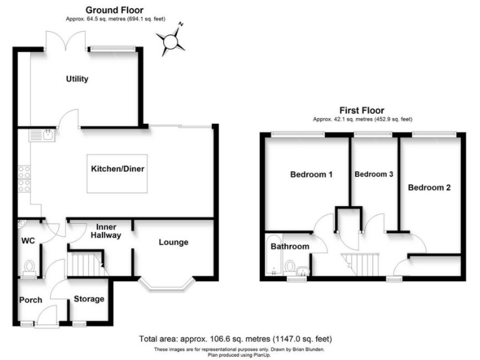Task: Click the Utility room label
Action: tap(78, 79)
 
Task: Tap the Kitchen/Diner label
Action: tap(118, 169)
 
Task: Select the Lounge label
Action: tap(173, 242)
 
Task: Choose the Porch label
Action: tap(30, 300)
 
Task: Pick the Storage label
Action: tap(89, 299)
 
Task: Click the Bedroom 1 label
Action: tap(311, 175)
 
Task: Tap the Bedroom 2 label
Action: tap(429, 187)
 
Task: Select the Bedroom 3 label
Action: tap(373, 175)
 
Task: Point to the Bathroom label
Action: tap(289, 247)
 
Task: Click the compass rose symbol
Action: tap(171, 41)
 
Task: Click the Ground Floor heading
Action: tap(114, 10)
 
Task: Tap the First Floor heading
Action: tap(362, 111)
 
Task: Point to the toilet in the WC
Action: tap(28, 267)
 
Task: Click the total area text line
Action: tap(239, 339)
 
